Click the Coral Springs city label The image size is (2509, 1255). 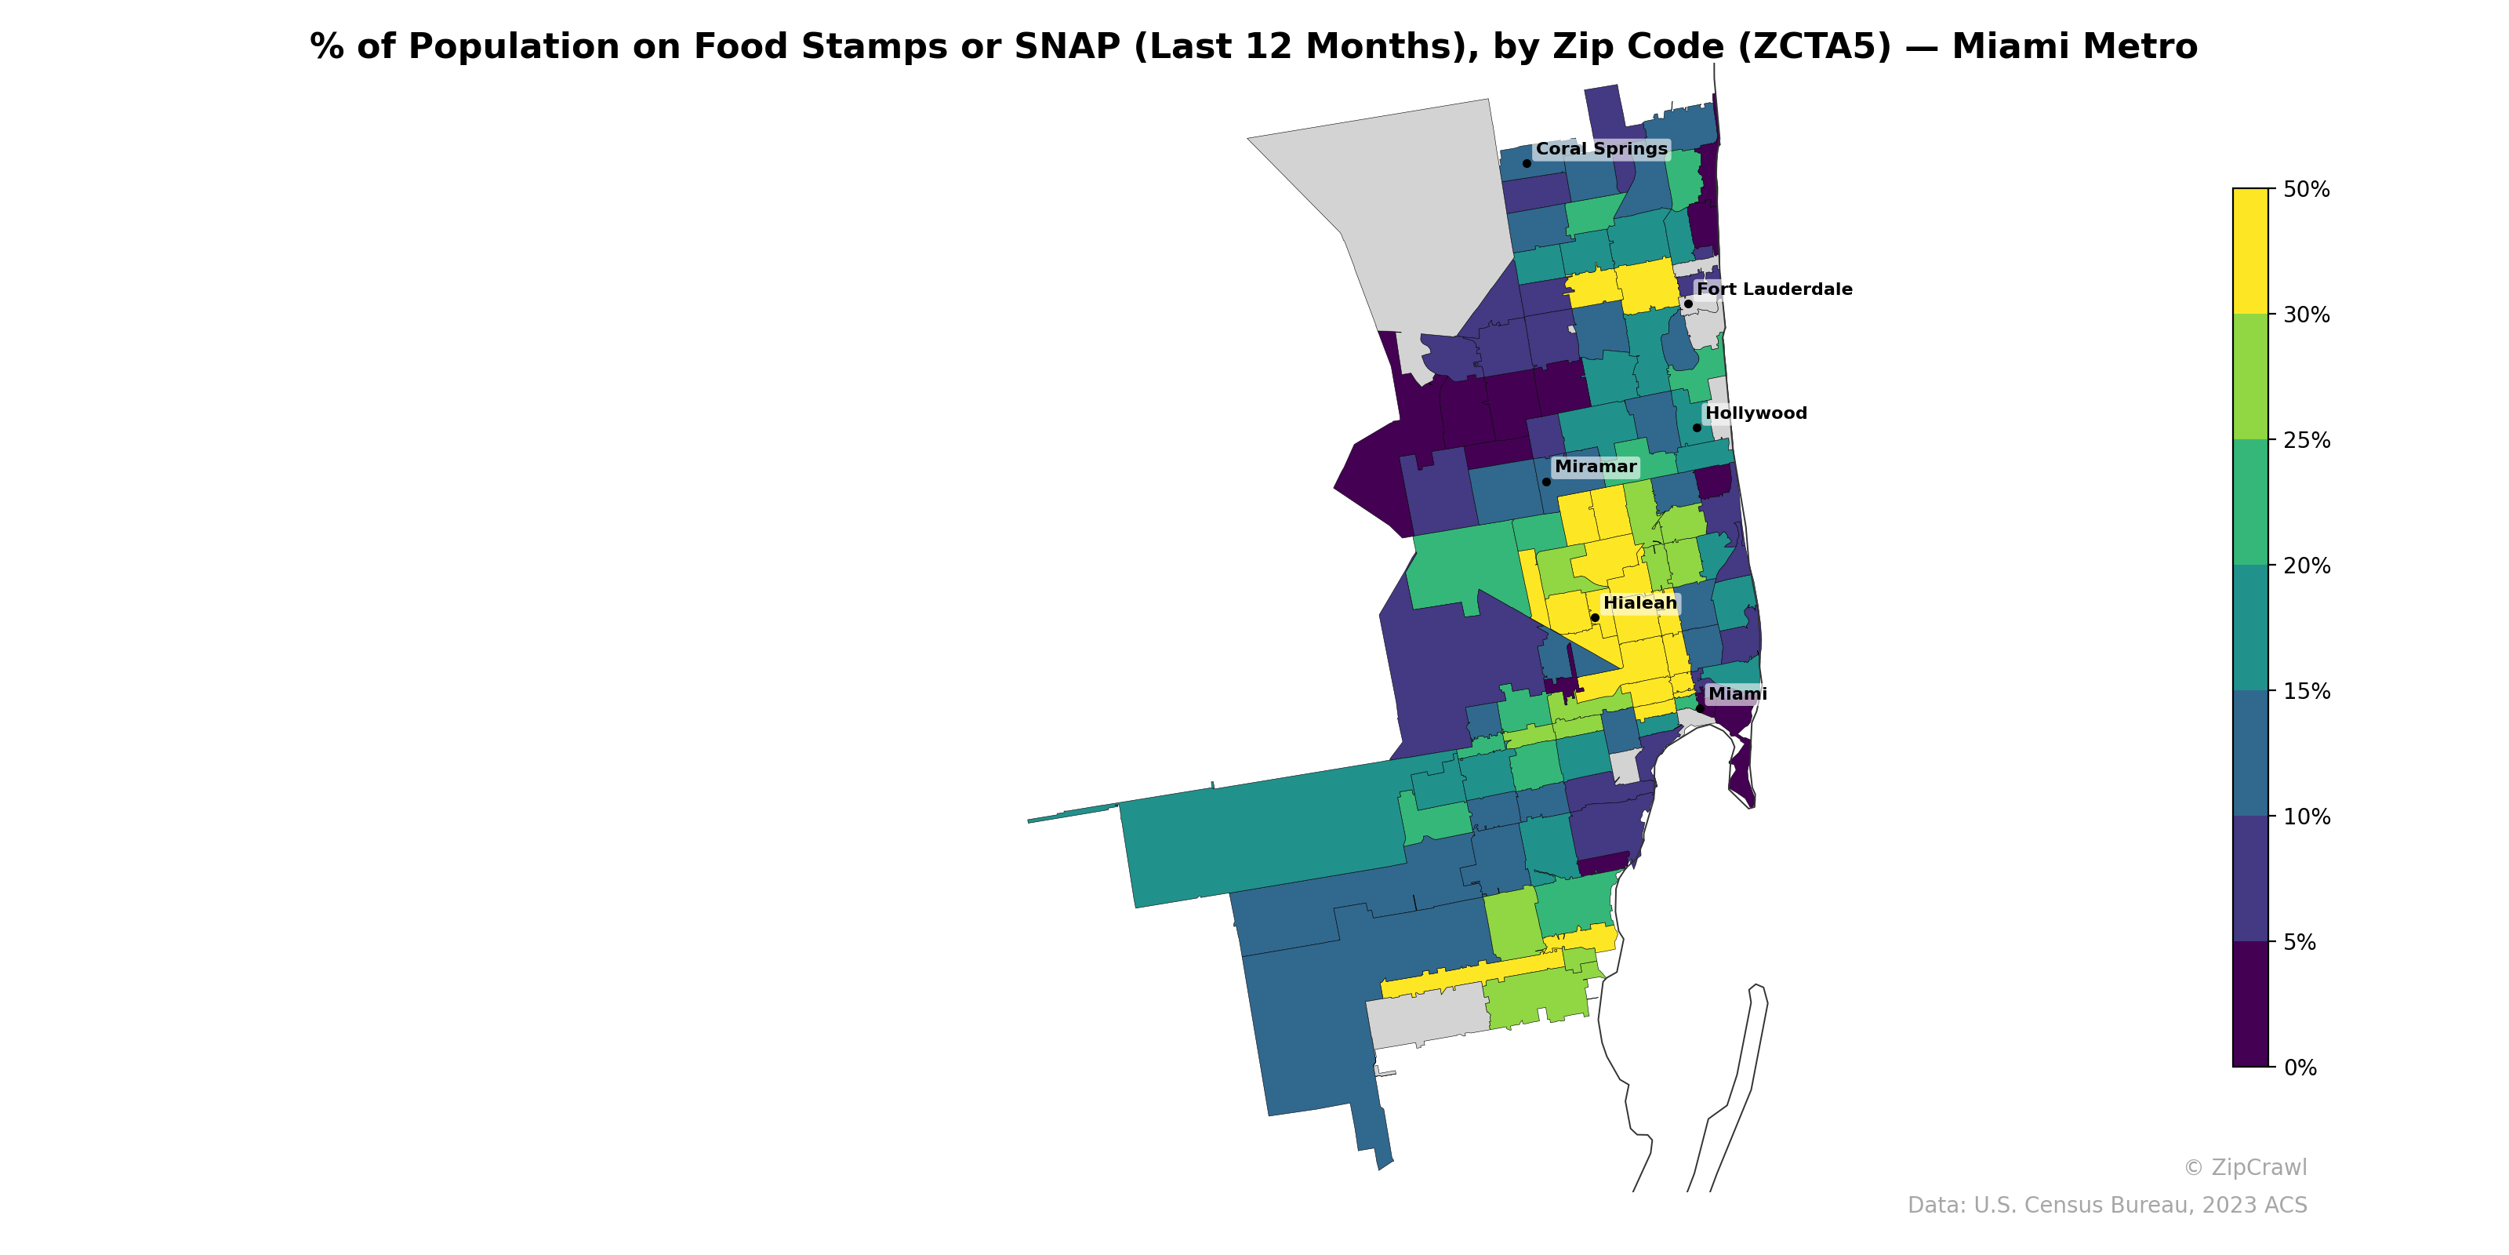pyautogui.click(x=1601, y=149)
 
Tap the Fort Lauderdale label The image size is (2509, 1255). pyautogui.click(x=1774, y=289)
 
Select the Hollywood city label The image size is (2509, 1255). pyautogui.click(x=1756, y=413)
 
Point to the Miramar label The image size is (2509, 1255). pyautogui.click(x=1596, y=467)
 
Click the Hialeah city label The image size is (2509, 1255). pyautogui.click(x=1640, y=603)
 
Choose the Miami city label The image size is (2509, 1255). pyautogui.click(x=1737, y=693)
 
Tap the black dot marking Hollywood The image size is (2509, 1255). pyautogui.click(x=1697, y=427)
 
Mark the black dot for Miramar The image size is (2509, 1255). pyautogui.click(x=1545, y=482)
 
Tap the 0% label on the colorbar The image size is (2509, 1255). pyautogui.click(x=2300, y=1068)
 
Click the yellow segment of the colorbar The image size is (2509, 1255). pyautogui.click(x=2250, y=250)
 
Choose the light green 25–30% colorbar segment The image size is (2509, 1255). pyautogui.click(x=2250, y=377)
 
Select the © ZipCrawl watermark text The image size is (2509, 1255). pyautogui.click(x=2245, y=1167)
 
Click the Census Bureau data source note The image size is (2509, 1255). pyautogui.click(x=2107, y=1206)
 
